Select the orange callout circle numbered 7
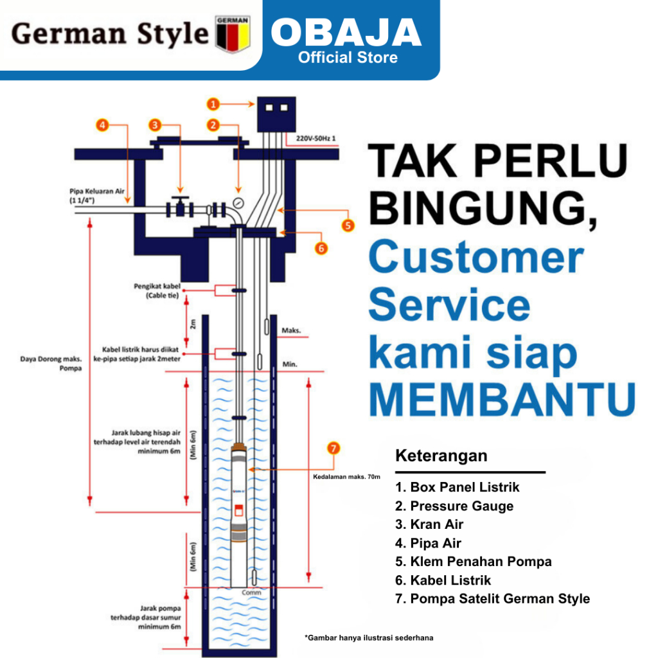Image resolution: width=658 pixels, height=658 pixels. coord(333,449)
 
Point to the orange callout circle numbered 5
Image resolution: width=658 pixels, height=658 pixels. coord(348,225)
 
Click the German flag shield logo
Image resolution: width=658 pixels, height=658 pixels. coord(233,33)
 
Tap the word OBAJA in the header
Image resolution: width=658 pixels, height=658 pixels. coord(346,33)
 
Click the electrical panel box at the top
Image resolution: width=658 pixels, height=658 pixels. coord(275,116)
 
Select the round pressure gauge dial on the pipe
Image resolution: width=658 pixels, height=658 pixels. coord(239,202)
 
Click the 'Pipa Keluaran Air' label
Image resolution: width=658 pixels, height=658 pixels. coord(100,191)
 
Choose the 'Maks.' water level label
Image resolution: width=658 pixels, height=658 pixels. coord(291,332)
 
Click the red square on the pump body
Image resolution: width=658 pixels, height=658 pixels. coord(239,512)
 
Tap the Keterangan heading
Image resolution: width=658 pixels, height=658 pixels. coord(441,456)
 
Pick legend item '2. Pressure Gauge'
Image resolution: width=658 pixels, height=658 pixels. coord(454,506)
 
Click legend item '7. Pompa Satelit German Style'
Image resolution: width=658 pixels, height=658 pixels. coord(492,599)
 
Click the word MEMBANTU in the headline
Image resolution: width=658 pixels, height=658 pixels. coord(501,398)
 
